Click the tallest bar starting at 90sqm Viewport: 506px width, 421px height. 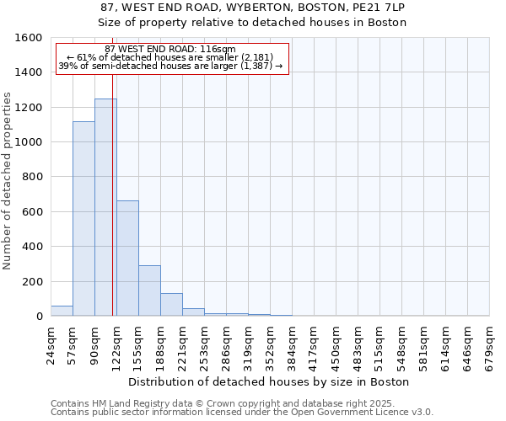coord(105,207)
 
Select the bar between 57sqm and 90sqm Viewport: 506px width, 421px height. coord(83,219)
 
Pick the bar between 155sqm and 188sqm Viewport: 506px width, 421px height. coord(149,290)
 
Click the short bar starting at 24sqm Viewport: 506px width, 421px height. coord(62,311)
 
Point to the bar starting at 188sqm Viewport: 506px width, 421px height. coord(171,305)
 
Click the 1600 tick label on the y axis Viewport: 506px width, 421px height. coord(30,38)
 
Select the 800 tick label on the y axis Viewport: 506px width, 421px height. coord(33,177)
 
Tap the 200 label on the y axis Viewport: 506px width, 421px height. coord(33,281)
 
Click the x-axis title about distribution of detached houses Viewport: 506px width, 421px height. coord(269,381)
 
